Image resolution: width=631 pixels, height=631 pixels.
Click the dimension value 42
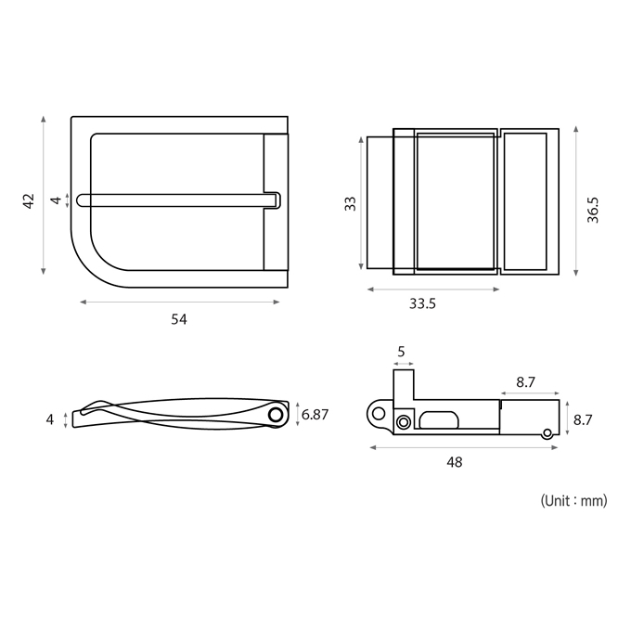29,201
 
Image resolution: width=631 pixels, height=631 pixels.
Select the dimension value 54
179,319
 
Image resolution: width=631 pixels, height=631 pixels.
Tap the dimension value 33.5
422,303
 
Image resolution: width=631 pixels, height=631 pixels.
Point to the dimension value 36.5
593,210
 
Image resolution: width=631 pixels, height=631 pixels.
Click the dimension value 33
351,203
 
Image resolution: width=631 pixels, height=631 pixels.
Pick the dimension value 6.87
315,415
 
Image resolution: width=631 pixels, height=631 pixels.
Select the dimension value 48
455,462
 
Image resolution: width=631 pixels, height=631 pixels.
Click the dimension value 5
401,352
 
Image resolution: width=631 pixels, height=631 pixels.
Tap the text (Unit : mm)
573,501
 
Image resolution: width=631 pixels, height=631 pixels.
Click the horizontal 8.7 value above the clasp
525,382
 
